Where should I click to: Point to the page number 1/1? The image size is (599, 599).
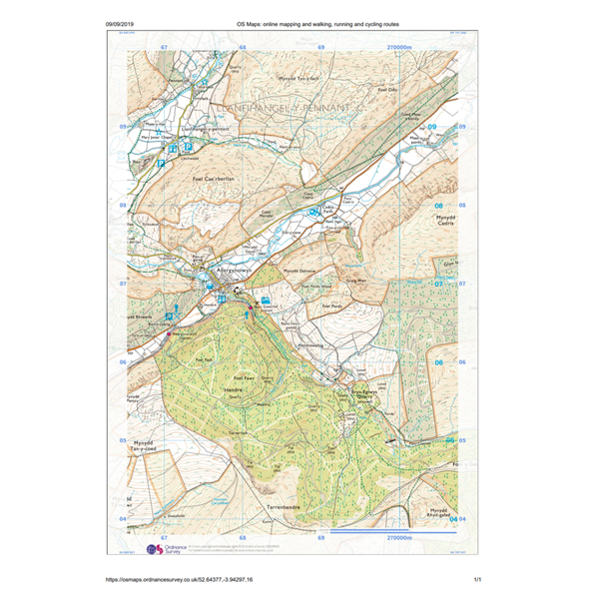click(x=477, y=578)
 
